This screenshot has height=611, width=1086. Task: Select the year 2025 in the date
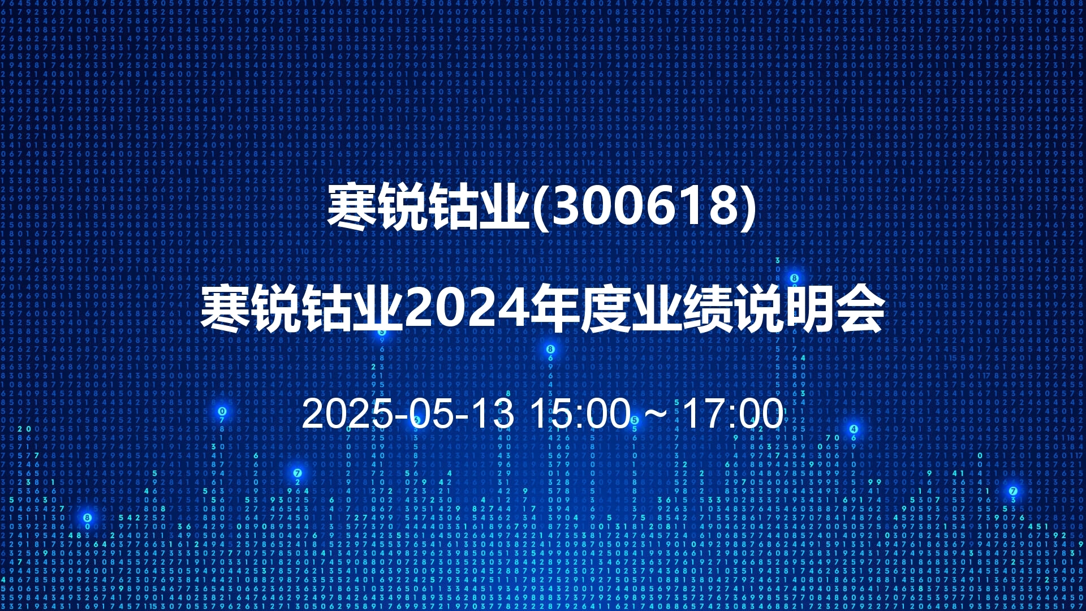click(x=347, y=414)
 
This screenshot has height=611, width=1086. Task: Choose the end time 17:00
click(x=733, y=414)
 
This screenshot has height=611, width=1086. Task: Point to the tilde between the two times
click(x=656, y=414)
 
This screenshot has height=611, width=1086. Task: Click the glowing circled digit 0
click(x=222, y=411)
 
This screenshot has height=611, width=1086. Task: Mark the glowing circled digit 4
click(x=854, y=429)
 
